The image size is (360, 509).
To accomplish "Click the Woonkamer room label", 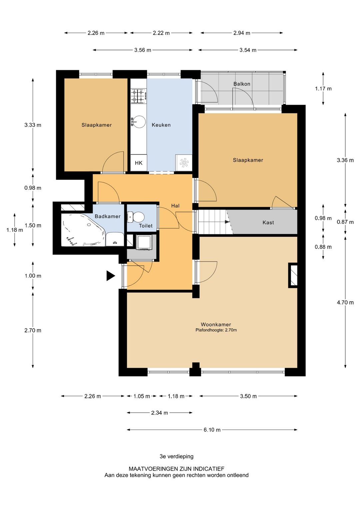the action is pos(216,325).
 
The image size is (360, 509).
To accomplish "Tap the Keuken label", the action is pos(161,125).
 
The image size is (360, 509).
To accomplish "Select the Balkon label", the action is pos(242,84).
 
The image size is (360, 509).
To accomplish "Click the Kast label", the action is pos(268,222).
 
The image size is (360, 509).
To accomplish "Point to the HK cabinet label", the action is pos(139,163).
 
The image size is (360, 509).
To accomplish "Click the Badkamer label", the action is pos(107,216).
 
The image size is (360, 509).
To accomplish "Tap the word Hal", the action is pos(175,206).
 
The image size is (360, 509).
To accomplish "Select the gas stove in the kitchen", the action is pos(139,96).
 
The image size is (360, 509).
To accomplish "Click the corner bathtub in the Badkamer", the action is pos(83,229).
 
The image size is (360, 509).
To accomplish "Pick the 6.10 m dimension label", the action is pos(212,430).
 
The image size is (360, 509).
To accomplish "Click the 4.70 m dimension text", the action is pos(345,302).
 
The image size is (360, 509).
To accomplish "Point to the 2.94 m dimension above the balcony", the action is pos(242,33).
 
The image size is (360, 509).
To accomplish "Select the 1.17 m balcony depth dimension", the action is pos(323,89).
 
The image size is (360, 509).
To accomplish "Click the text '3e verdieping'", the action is pos(176,456).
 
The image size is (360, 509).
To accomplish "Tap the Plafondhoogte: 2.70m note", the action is pos(216,330).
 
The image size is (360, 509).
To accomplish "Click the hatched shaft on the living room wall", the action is pos(293,275).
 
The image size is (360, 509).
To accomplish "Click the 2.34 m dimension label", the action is pos(159,413).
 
